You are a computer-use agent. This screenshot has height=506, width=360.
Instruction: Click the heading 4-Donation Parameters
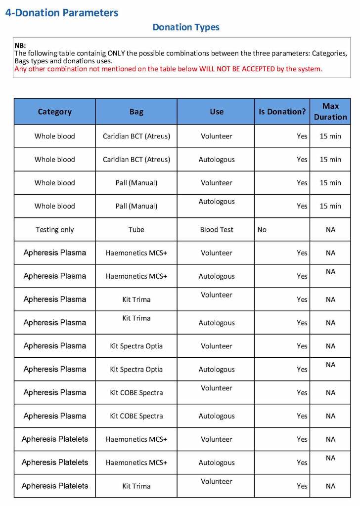tap(62, 13)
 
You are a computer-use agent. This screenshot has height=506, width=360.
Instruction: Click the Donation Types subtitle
tap(186, 27)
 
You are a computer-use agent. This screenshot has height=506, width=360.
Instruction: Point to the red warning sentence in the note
tap(168, 69)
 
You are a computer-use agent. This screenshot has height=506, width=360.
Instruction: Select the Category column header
tap(55, 112)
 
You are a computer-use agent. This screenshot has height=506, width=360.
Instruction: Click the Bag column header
tap(136, 112)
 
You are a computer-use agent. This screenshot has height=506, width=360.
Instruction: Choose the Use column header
tap(217, 112)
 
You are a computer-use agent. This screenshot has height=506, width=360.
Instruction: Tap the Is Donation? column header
tap(282, 112)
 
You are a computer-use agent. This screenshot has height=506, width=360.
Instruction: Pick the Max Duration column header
tap(330, 112)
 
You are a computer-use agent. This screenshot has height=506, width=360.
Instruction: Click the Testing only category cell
tap(55, 229)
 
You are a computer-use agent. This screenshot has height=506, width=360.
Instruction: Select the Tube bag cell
tap(136, 229)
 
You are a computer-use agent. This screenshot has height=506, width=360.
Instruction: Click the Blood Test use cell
tap(217, 229)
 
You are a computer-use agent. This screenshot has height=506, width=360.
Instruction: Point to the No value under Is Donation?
tap(262, 229)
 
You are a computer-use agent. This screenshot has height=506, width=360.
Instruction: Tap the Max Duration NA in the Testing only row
tap(330, 229)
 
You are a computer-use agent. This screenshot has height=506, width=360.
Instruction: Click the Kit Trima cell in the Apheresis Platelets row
tap(136, 486)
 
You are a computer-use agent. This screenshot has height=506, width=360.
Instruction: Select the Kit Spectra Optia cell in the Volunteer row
tap(136, 346)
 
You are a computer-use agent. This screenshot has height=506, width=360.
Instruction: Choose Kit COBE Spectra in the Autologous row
tap(136, 416)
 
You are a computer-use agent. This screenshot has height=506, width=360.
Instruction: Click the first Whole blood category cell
tap(55, 136)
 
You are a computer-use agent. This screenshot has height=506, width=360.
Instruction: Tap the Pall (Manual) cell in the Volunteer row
tap(136, 183)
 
